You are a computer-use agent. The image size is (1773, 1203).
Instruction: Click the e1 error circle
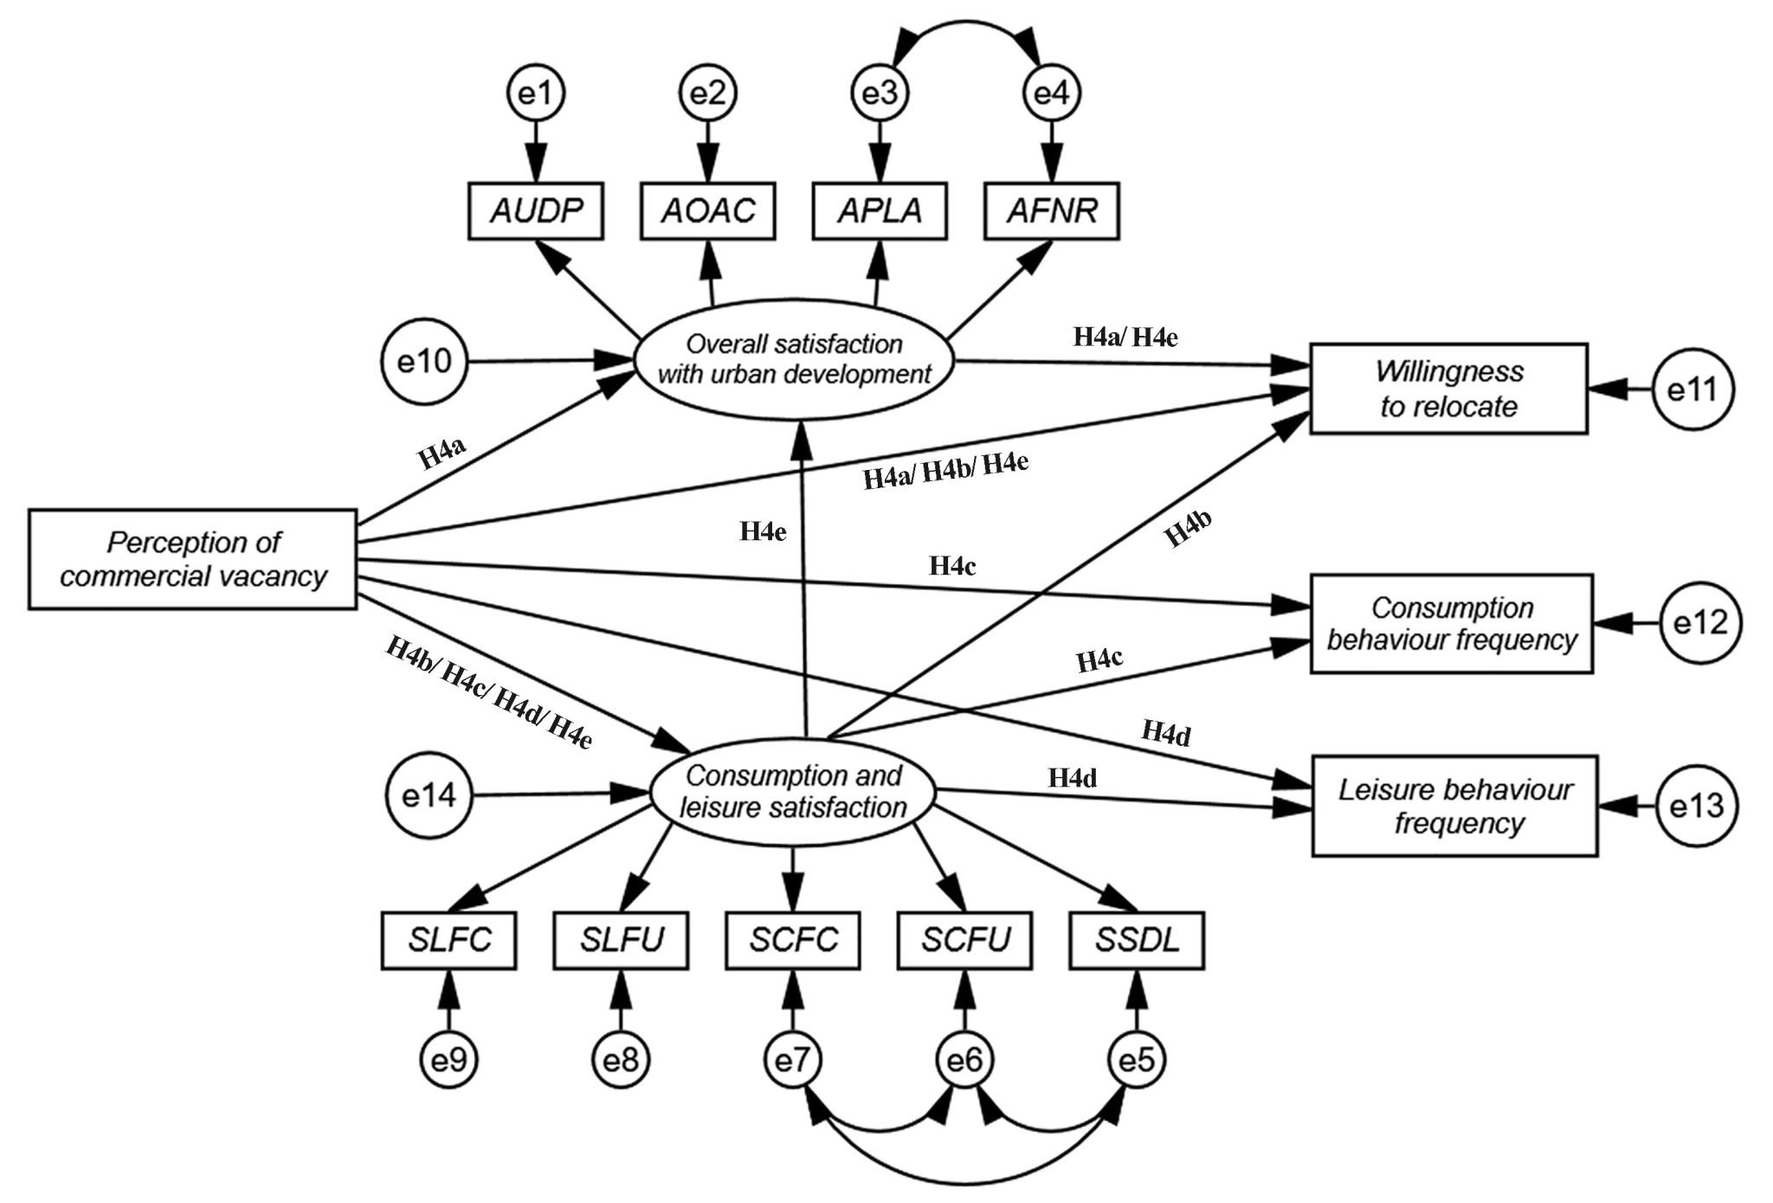coord(536,93)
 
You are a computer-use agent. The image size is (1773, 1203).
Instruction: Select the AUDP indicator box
coord(536,210)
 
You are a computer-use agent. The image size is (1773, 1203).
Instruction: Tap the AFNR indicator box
coord(1052,210)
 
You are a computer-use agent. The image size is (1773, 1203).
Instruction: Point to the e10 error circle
coord(424,361)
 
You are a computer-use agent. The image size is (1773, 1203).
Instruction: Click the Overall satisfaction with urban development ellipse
coord(794,359)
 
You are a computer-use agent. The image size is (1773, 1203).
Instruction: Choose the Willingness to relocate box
coord(1448,389)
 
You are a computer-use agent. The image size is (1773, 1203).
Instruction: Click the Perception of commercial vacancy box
coord(193,559)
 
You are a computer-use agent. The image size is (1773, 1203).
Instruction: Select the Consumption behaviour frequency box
coord(1452,623)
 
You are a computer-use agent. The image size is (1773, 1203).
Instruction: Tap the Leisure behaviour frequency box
coord(1455,806)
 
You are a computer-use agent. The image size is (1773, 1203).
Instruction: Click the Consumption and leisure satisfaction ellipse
coord(793,792)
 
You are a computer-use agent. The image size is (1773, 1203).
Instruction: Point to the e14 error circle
coord(429,795)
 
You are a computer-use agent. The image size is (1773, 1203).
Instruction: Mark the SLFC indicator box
coord(449,940)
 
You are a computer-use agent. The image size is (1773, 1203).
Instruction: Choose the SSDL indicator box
coord(1137,940)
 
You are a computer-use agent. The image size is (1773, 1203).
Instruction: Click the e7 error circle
coord(793,1059)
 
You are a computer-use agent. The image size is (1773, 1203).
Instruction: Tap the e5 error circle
coord(1137,1059)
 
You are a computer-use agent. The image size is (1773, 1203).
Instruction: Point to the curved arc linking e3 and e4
coord(965,23)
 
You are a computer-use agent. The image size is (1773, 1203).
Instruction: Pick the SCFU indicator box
coord(965,940)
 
